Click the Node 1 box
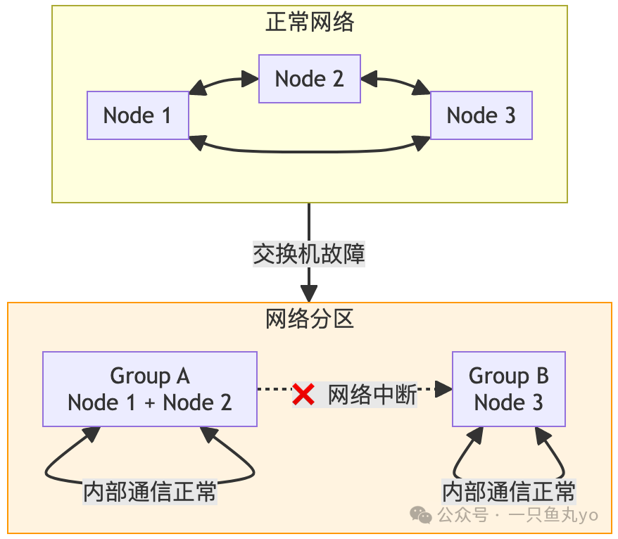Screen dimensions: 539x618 click(x=138, y=115)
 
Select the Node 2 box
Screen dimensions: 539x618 click(x=309, y=79)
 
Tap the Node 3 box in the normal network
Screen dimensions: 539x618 click(x=481, y=115)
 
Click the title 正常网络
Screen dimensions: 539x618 click(x=309, y=23)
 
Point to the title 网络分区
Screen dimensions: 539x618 click(x=309, y=319)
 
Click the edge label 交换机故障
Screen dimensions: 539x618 click(x=309, y=253)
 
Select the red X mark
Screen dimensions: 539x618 click(x=303, y=395)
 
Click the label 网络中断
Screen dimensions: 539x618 click(x=372, y=395)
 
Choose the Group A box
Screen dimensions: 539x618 click(x=150, y=389)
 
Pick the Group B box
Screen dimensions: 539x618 click(x=508, y=389)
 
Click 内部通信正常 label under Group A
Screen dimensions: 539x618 click(x=150, y=491)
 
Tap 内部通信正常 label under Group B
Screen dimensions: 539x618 click(x=508, y=491)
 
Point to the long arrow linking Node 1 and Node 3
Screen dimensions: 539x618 click(x=309, y=151)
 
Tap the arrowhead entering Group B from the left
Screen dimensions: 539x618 click(x=443, y=389)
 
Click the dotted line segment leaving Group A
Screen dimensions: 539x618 click(x=275, y=389)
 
